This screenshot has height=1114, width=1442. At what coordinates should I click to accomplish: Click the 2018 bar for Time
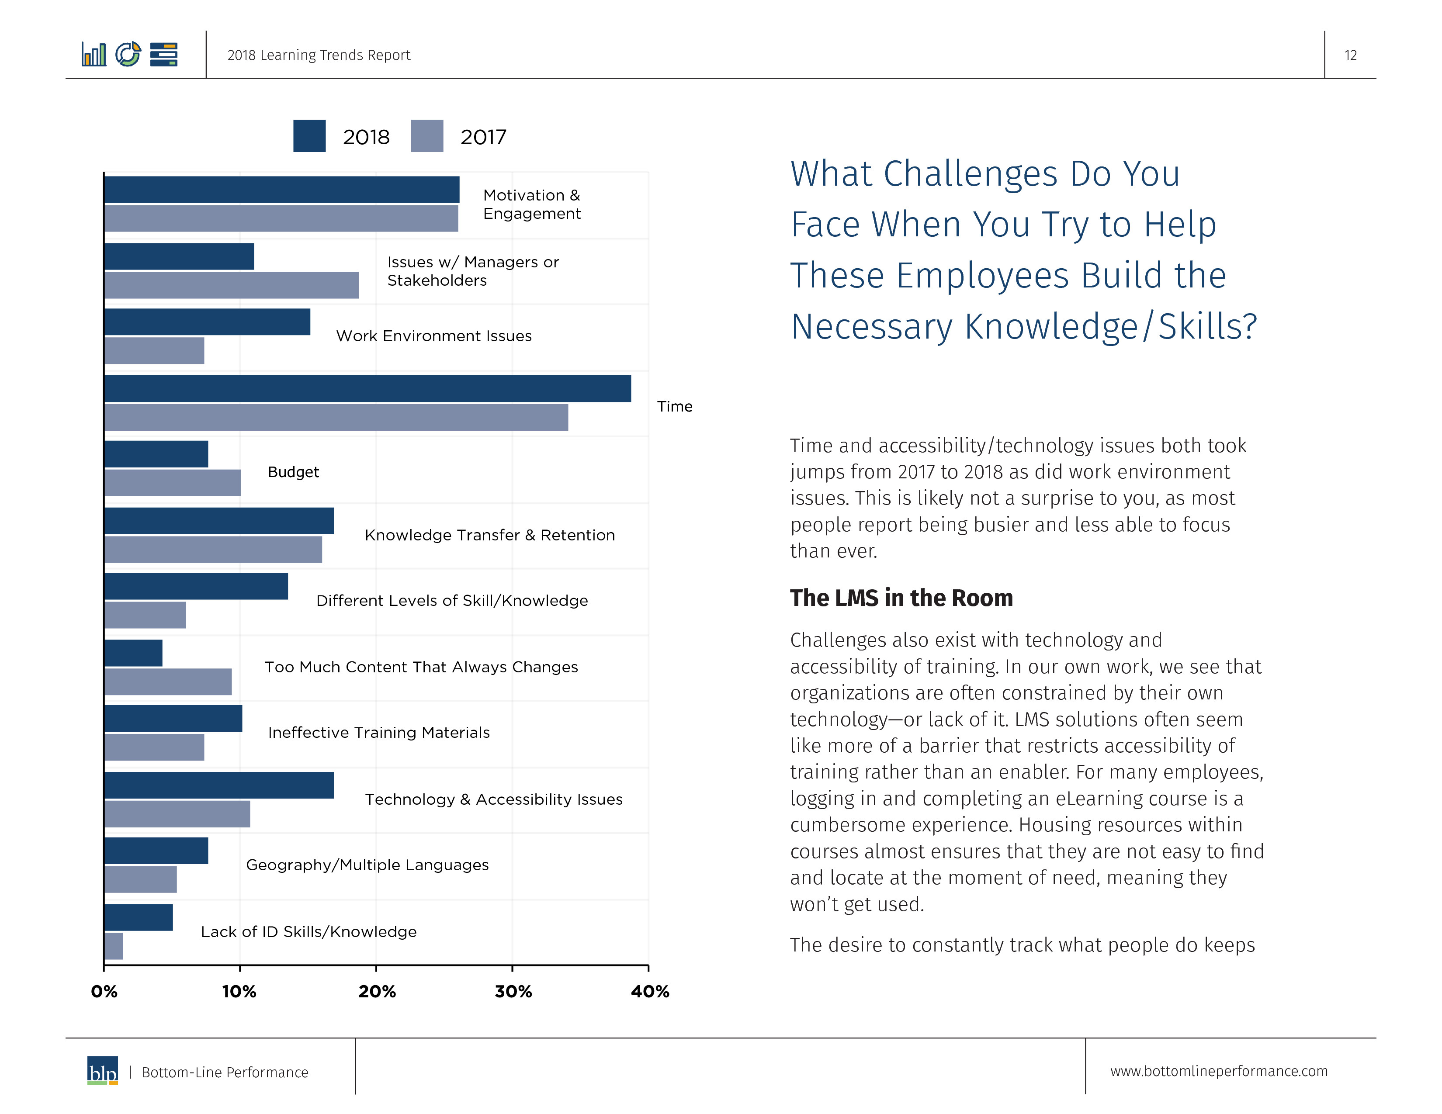pyautogui.click(x=367, y=389)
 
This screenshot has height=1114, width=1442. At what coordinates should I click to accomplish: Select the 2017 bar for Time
pyautogui.click(x=336, y=418)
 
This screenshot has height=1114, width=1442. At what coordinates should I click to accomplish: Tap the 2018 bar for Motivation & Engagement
pyautogui.click(x=281, y=190)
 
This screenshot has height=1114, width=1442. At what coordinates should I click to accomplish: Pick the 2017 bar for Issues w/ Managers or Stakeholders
pyautogui.click(x=231, y=285)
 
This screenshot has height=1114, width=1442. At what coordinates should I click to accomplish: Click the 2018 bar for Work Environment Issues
pyautogui.click(x=207, y=322)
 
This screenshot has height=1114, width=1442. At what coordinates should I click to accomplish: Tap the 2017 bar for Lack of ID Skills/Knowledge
pyautogui.click(x=114, y=946)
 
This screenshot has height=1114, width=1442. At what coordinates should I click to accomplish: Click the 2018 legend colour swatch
pyautogui.click(x=309, y=136)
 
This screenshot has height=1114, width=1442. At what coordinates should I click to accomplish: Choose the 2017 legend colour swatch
pyautogui.click(x=426, y=136)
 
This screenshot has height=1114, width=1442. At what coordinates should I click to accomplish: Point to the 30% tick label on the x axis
pyautogui.click(x=513, y=991)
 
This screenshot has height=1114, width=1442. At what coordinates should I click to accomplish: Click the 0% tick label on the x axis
pyautogui.click(x=104, y=991)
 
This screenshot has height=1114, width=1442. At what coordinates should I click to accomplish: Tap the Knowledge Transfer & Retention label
pyautogui.click(x=489, y=535)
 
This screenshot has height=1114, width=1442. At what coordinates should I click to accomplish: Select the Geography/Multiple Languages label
pyautogui.click(x=367, y=865)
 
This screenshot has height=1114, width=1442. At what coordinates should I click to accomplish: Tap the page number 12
pyautogui.click(x=1350, y=55)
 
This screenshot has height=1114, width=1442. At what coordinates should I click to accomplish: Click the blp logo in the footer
pyautogui.click(x=102, y=1070)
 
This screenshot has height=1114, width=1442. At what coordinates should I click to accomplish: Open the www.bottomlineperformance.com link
pyautogui.click(x=1218, y=1071)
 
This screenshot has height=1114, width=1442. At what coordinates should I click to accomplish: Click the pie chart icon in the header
pyautogui.click(x=128, y=54)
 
